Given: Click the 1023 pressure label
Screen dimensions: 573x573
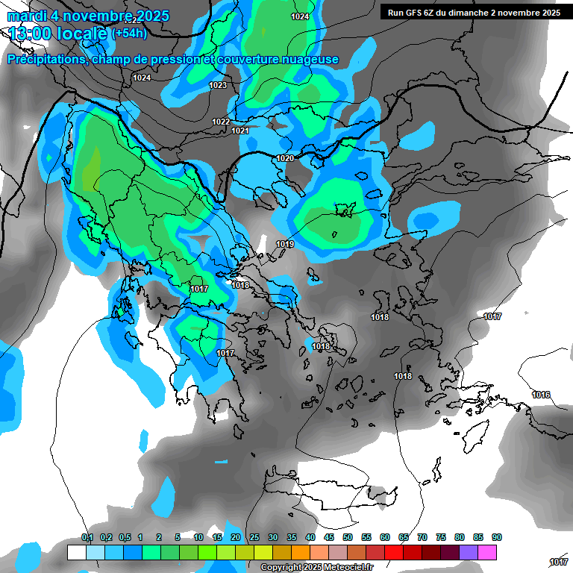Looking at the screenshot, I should pyautogui.click(x=218, y=85).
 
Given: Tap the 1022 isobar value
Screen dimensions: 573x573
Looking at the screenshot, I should pyautogui.click(x=221, y=122).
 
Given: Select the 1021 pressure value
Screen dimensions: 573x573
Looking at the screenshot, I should pyautogui.click(x=239, y=131).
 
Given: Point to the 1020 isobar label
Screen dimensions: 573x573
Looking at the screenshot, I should pyautogui.click(x=285, y=158).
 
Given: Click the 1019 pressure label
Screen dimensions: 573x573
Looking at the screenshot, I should pyautogui.click(x=284, y=244).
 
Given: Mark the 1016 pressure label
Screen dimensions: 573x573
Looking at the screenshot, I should pyautogui.click(x=541, y=394).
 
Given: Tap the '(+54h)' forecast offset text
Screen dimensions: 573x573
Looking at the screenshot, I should pyautogui.click(x=129, y=33).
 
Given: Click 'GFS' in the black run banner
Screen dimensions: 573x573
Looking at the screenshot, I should pyautogui.click(x=422, y=13).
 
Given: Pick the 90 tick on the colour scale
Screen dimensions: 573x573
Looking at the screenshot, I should pyautogui.click(x=497, y=538).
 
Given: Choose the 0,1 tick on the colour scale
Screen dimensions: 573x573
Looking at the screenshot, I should pyautogui.click(x=87, y=538).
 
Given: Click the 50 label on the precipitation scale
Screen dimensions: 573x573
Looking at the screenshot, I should pyautogui.click(x=348, y=538).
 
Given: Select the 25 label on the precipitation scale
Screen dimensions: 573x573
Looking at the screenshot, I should pyautogui.click(x=254, y=538).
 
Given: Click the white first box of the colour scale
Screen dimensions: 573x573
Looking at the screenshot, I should pyautogui.click(x=76, y=552).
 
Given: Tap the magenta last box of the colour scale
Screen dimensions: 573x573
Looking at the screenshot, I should pyautogui.click(x=488, y=552).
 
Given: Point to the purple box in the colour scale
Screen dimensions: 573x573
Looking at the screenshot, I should pyautogui.click(x=469, y=552).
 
